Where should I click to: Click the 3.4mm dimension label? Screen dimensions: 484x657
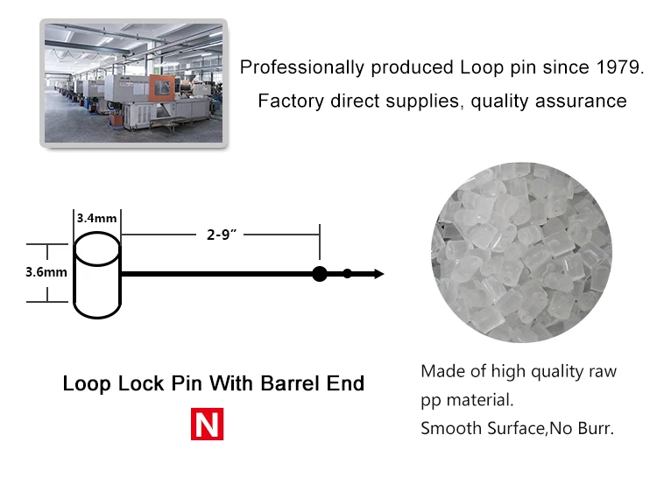(x=95, y=218)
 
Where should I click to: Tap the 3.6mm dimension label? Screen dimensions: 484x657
(x=46, y=271)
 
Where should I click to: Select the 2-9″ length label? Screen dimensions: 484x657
(x=223, y=235)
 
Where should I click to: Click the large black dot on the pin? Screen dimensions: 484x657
(x=320, y=274)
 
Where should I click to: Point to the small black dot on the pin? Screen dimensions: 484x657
(x=348, y=274)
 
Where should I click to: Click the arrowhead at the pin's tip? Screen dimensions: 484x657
(x=378, y=274)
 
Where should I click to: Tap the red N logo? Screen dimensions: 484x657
(x=208, y=424)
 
